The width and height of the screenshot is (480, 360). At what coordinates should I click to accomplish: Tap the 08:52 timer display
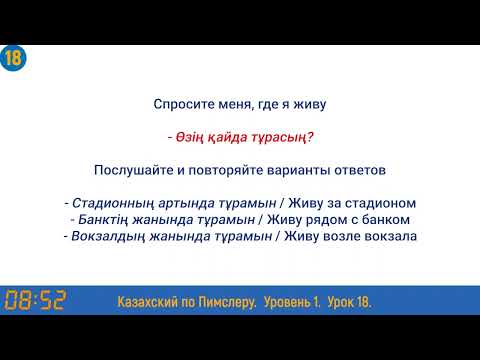point(35,300)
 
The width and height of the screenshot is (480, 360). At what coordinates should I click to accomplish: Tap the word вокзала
point(389,236)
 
